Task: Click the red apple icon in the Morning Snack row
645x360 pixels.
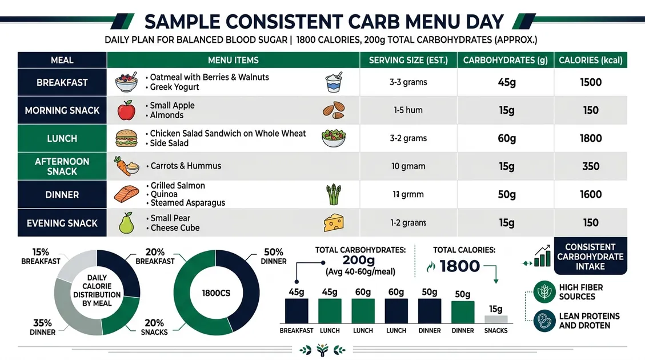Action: [x=126, y=110]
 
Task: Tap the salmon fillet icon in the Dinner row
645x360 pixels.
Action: [x=126, y=194]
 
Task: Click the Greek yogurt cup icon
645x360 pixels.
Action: [x=333, y=82]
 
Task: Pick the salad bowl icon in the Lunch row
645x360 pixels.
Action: [x=333, y=138]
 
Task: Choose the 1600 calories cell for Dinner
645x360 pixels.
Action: [x=591, y=194]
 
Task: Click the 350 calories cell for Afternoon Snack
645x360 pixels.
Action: [x=591, y=166]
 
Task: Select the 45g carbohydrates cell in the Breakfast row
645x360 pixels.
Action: [x=507, y=82]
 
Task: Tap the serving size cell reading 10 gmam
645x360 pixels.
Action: [x=408, y=166]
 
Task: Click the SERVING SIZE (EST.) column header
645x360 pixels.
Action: [x=408, y=60]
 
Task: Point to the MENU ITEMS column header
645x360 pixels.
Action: [x=233, y=60]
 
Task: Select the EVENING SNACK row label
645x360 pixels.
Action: [x=62, y=223]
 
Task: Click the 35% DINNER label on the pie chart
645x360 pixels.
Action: [x=43, y=327]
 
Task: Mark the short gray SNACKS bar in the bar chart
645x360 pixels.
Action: [x=495, y=319]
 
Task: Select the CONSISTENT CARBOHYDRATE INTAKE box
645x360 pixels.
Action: [x=590, y=257]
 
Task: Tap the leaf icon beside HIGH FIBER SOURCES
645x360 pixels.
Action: [x=544, y=292]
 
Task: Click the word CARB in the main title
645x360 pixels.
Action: [x=372, y=22]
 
